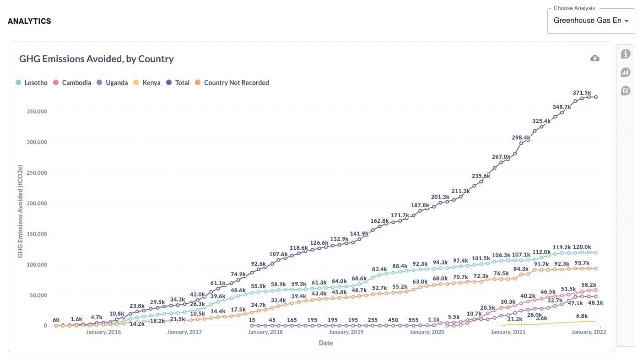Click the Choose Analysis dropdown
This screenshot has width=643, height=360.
pyautogui.click(x=590, y=21)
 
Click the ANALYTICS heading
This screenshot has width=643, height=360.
pyautogui.click(x=29, y=21)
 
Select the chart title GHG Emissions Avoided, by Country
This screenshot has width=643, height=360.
pyautogui.click(x=97, y=59)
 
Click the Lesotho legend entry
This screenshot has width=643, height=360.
pyautogui.click(x=32, y=83)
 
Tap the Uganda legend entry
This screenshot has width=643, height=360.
pyautogui.click(x=113, y=83)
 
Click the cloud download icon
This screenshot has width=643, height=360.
pyautogui.click(x=595, y=58)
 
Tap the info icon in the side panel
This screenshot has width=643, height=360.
pyautogui.click(x=626, y=54)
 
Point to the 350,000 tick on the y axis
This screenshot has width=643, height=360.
pyautogui.click(x=32, y=112)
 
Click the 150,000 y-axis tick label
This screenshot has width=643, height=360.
pyautogui.click(x=32, y=234)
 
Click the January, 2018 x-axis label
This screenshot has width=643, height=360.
pyautogui.click(x=265, y=332)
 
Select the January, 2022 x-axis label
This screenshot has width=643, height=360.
pyautogui.click(x=589, y=332)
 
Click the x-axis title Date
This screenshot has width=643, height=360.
pyautogui.click(x=326, y=343)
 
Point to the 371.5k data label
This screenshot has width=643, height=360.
pyautogui.click(x=582, y=93)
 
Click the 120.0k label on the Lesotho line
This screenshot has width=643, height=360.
pyautogui.click(x=582, y=247)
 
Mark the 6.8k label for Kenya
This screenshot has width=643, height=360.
pyautogui.click(x=582, y=316)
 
